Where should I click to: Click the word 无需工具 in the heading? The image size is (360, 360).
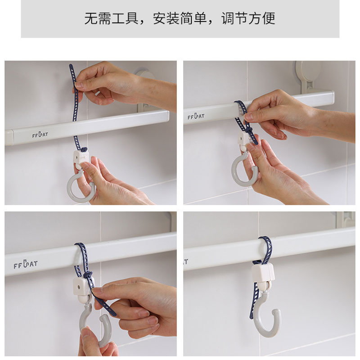click(111, 18)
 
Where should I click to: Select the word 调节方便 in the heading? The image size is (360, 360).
click(248, 18)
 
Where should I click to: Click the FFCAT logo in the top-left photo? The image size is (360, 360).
click(40, 135)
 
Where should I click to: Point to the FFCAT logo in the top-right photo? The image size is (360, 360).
click(196, 116)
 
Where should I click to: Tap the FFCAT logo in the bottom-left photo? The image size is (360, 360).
click(25, 264)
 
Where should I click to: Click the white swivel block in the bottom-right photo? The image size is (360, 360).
click(263, 273)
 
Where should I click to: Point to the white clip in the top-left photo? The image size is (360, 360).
click(81, 157)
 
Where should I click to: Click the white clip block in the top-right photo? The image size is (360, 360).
click(244, 139)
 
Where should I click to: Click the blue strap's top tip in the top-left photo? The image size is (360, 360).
click(71, 65)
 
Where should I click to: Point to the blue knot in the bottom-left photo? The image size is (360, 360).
click(88, 274)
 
